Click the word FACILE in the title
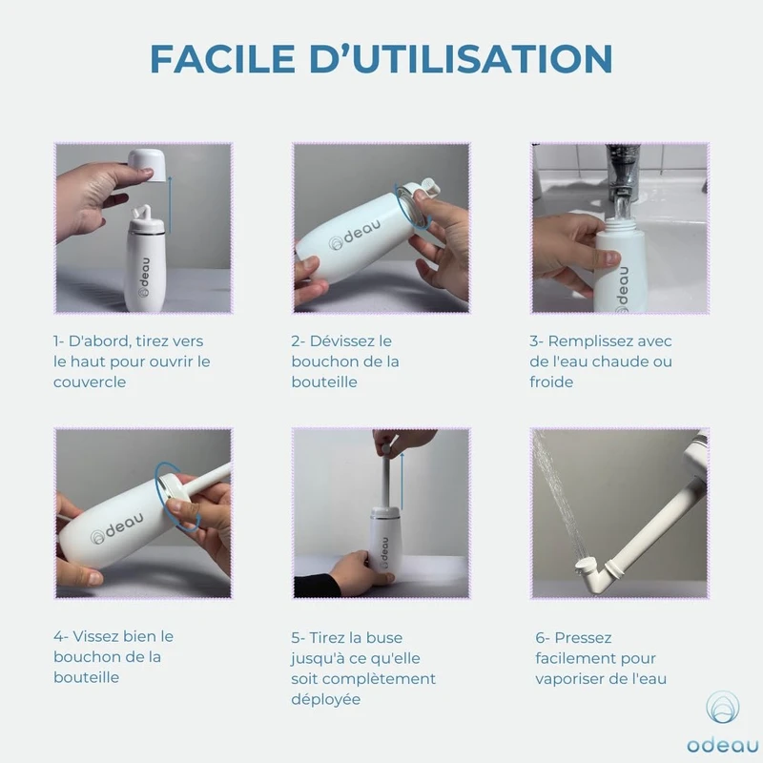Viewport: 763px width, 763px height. pyautogui.click(x=222, y=58)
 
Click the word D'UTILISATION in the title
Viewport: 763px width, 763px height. pyautogui.click(x=461, y=58)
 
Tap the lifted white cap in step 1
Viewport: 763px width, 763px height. pyautogui.click(x=147, y=165)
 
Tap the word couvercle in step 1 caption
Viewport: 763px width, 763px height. pyautogui.click(x=90, y=382)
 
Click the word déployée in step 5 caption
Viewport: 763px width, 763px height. pyautogui.click(x=326, y=699)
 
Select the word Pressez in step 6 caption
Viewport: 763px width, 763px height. pyautogui.click(x=583, y=637)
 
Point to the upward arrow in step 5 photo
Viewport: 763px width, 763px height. pyautogui.click(x=402, y=481)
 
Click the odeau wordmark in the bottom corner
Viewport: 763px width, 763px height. pyautogui.click(x=722, y=745)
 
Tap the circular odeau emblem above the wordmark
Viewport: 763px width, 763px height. pyautogui.click(x=723, y=707)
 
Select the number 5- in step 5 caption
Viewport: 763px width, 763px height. pyautogui.click(x=298, y=637)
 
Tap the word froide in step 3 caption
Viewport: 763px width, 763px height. pyautogui.click(x=551, y=382)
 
